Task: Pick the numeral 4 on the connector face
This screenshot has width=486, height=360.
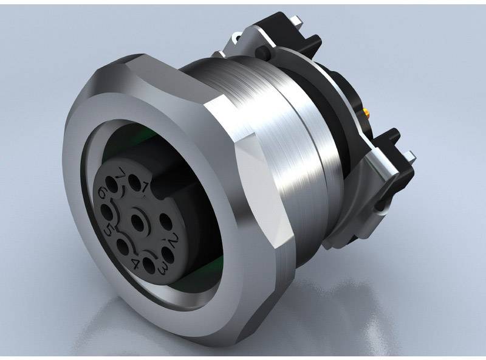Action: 135,265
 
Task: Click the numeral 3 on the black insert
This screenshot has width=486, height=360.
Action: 163,268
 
